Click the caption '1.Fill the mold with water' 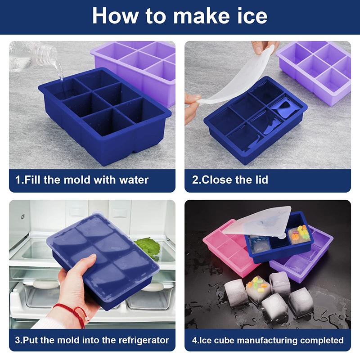[x=82, y=180]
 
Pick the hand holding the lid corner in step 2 [x=192, y=106]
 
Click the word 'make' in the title [x=200, y=16]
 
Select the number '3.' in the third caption [x=18, y=340]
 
